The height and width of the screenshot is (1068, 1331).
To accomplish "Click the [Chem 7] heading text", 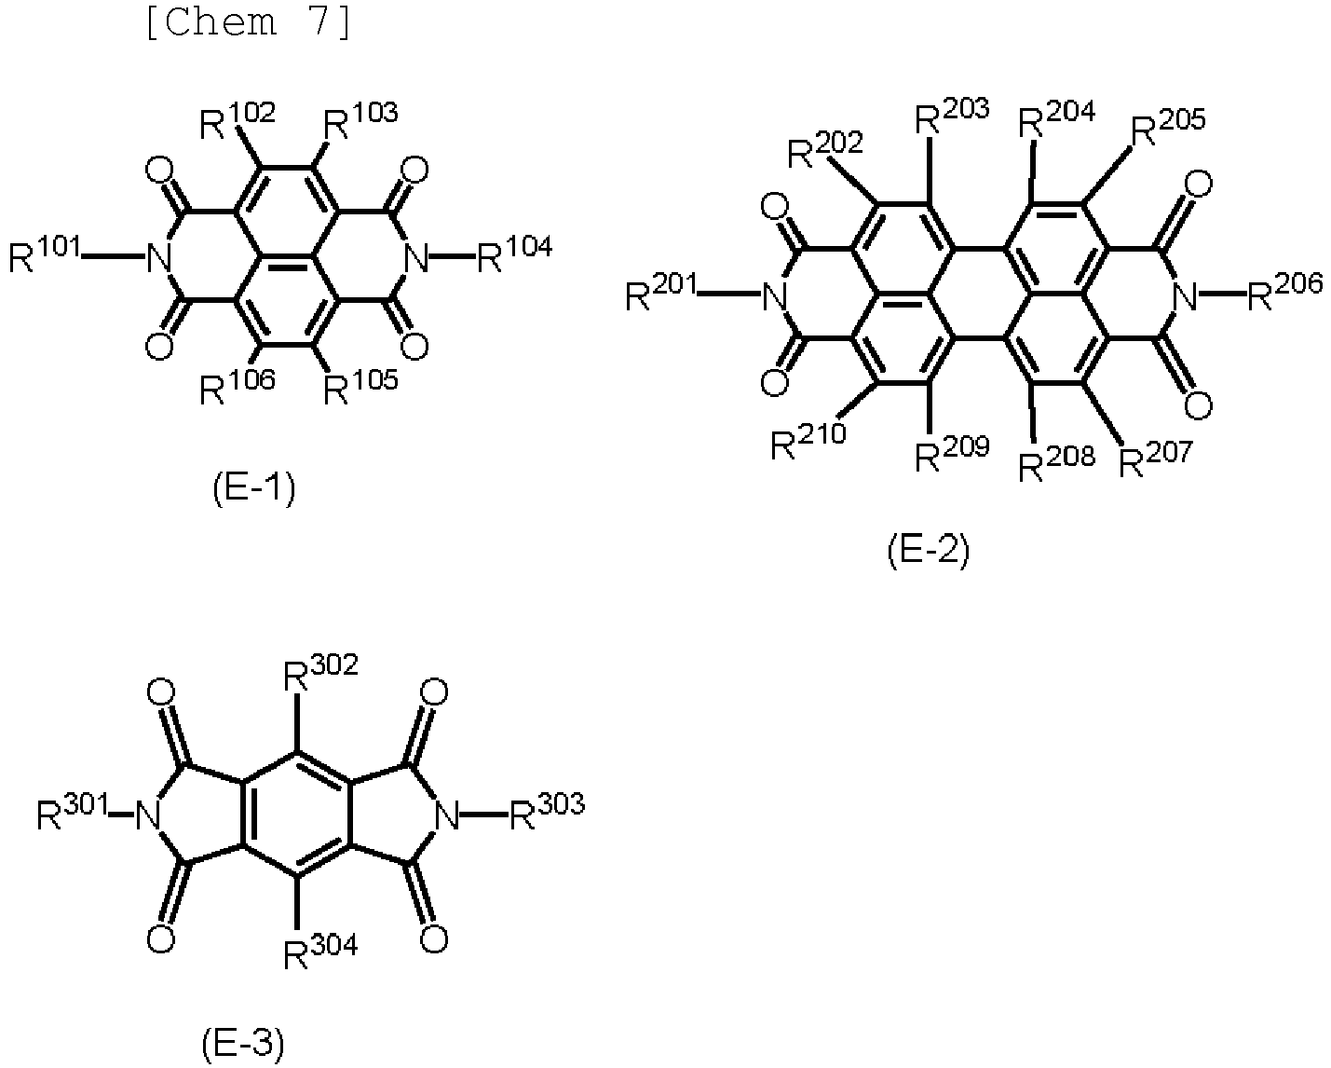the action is [250, 22].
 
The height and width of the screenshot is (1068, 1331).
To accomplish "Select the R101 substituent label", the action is [45, 254].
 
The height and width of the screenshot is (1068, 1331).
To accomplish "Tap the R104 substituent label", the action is [514, 254].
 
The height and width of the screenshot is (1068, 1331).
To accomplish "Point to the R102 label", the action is [238, 120].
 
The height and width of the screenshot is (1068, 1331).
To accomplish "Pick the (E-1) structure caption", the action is [254, 489].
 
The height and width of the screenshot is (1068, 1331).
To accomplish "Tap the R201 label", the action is [661, 292].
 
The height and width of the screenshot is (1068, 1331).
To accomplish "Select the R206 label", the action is [1284, 291].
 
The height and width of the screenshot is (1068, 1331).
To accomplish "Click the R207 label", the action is [1156, 459].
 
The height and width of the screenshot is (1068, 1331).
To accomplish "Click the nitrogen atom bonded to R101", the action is [158, 257].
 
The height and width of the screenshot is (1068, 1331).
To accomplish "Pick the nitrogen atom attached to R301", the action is [147, 815].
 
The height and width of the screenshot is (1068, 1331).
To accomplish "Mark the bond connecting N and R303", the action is [483, 815].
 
